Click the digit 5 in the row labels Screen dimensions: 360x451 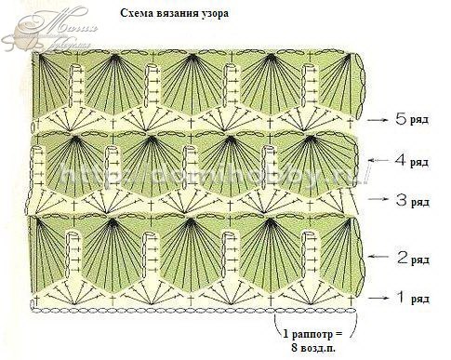point(400,119)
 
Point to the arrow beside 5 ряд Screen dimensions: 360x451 point(377,121)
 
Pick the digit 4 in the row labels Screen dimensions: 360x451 point(400,159)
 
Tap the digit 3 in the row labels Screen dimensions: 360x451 point(400,199)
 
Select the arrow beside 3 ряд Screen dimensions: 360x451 point(377,200)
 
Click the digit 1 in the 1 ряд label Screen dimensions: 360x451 point(400,298)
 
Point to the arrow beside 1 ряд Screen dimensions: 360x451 point(377,299)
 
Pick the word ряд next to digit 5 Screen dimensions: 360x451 point(420,121)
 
